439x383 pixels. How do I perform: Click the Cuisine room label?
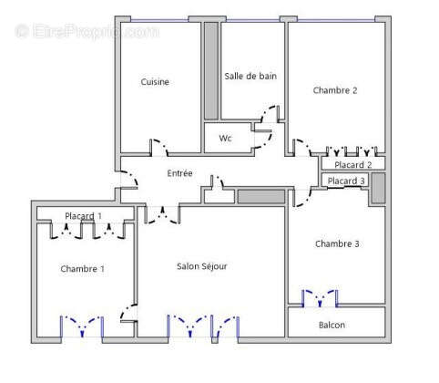[x=155, y=82]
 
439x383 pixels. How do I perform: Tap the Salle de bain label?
[x=250, y=76]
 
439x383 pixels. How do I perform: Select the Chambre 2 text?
[x=335, y=90]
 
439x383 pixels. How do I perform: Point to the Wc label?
[x=225, y=139]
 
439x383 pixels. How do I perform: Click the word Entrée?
[x=179, y=173]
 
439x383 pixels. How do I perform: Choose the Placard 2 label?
[x=352, y=165]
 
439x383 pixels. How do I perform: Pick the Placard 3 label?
[x=346, y=181]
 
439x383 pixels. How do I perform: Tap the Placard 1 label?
[x=83, y=216]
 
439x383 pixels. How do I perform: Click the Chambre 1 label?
[x=82, y=269]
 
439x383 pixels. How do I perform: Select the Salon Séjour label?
[x=202, y=266]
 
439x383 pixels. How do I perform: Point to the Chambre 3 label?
[x=337, y=243]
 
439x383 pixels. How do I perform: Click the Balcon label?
[x=332, y=326]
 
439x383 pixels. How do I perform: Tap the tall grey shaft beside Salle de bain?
[x=211, y=70]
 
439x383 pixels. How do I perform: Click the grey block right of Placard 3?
[x=378, y=188]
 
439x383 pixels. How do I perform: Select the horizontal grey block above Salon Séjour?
[x=261, y=197]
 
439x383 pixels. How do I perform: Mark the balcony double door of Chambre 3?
[x=320, y=298]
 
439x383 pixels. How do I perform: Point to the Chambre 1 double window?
[x=82, y=326]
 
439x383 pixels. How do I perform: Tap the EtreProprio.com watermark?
[x=87, y=31]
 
